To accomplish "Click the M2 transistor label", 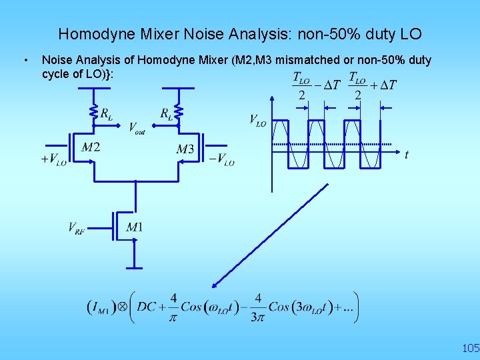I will click(91, 147).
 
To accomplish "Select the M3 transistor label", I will click(185, 149).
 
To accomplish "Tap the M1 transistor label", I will click(134, 228).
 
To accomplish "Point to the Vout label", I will click(137, 127).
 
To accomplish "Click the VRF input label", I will click(77, 228).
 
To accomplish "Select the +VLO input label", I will click(53, 159).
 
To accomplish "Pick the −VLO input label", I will click(222, 159).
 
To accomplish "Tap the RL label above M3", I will click(167, 114).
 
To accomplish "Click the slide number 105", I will click(470, 348).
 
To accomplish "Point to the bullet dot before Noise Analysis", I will click(25, 61).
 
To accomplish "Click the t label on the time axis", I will click(407, 155).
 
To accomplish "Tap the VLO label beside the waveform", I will click(258, 120).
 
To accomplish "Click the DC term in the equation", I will click(147, 307).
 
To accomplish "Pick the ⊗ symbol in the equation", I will click(123, 307).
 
